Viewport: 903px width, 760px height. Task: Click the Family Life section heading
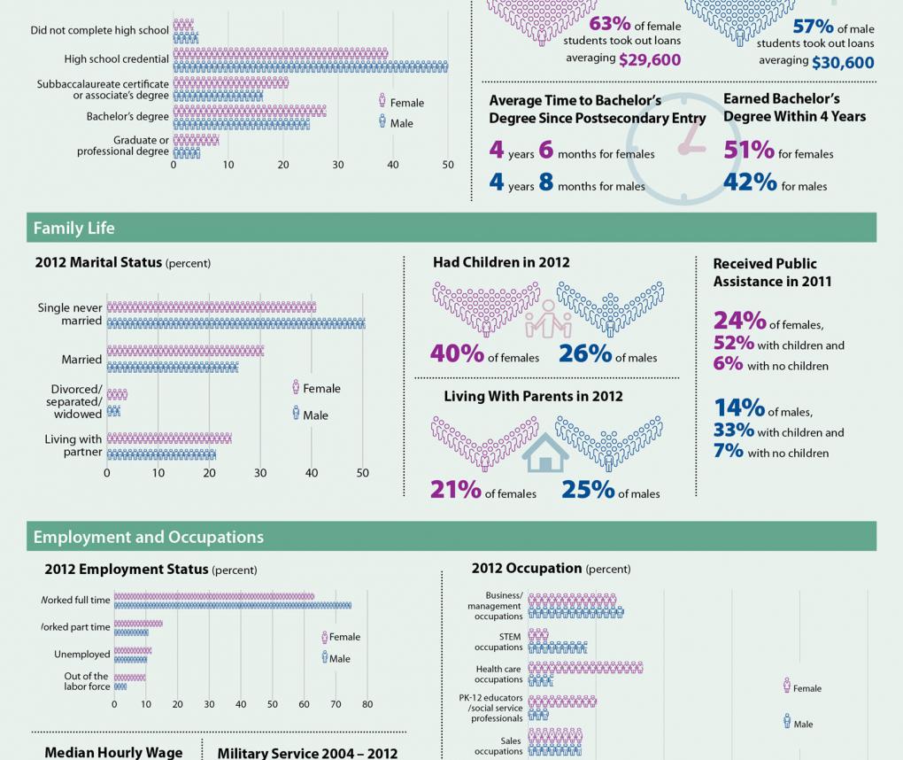[x=74, y=229]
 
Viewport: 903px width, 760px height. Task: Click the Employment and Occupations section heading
[x=148, y=538]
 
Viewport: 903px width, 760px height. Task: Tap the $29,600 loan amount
[x=650, y=60]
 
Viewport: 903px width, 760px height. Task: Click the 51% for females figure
[x=749, y=151]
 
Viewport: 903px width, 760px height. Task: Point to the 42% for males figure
[x=750, y=183]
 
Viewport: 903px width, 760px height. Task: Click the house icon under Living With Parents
[x=545, y=453]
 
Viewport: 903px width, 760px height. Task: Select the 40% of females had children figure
[x=457, y=354]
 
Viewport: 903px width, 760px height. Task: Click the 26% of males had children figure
[x=585, y=354]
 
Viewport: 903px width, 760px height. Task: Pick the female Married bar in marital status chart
[x=185, y=352]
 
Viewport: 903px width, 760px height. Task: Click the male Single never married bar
[x=235, y=324]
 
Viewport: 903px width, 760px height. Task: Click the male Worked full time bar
[x=232, y=606]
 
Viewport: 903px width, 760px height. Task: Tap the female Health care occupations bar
[x=585, y=667]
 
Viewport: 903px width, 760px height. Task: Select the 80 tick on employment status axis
[x=367, y=705]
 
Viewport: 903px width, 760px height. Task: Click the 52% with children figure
[x=734, y=344]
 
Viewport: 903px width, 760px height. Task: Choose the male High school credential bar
[x=310, y=67]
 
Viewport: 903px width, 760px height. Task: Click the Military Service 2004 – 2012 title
[x=307, y=753]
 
